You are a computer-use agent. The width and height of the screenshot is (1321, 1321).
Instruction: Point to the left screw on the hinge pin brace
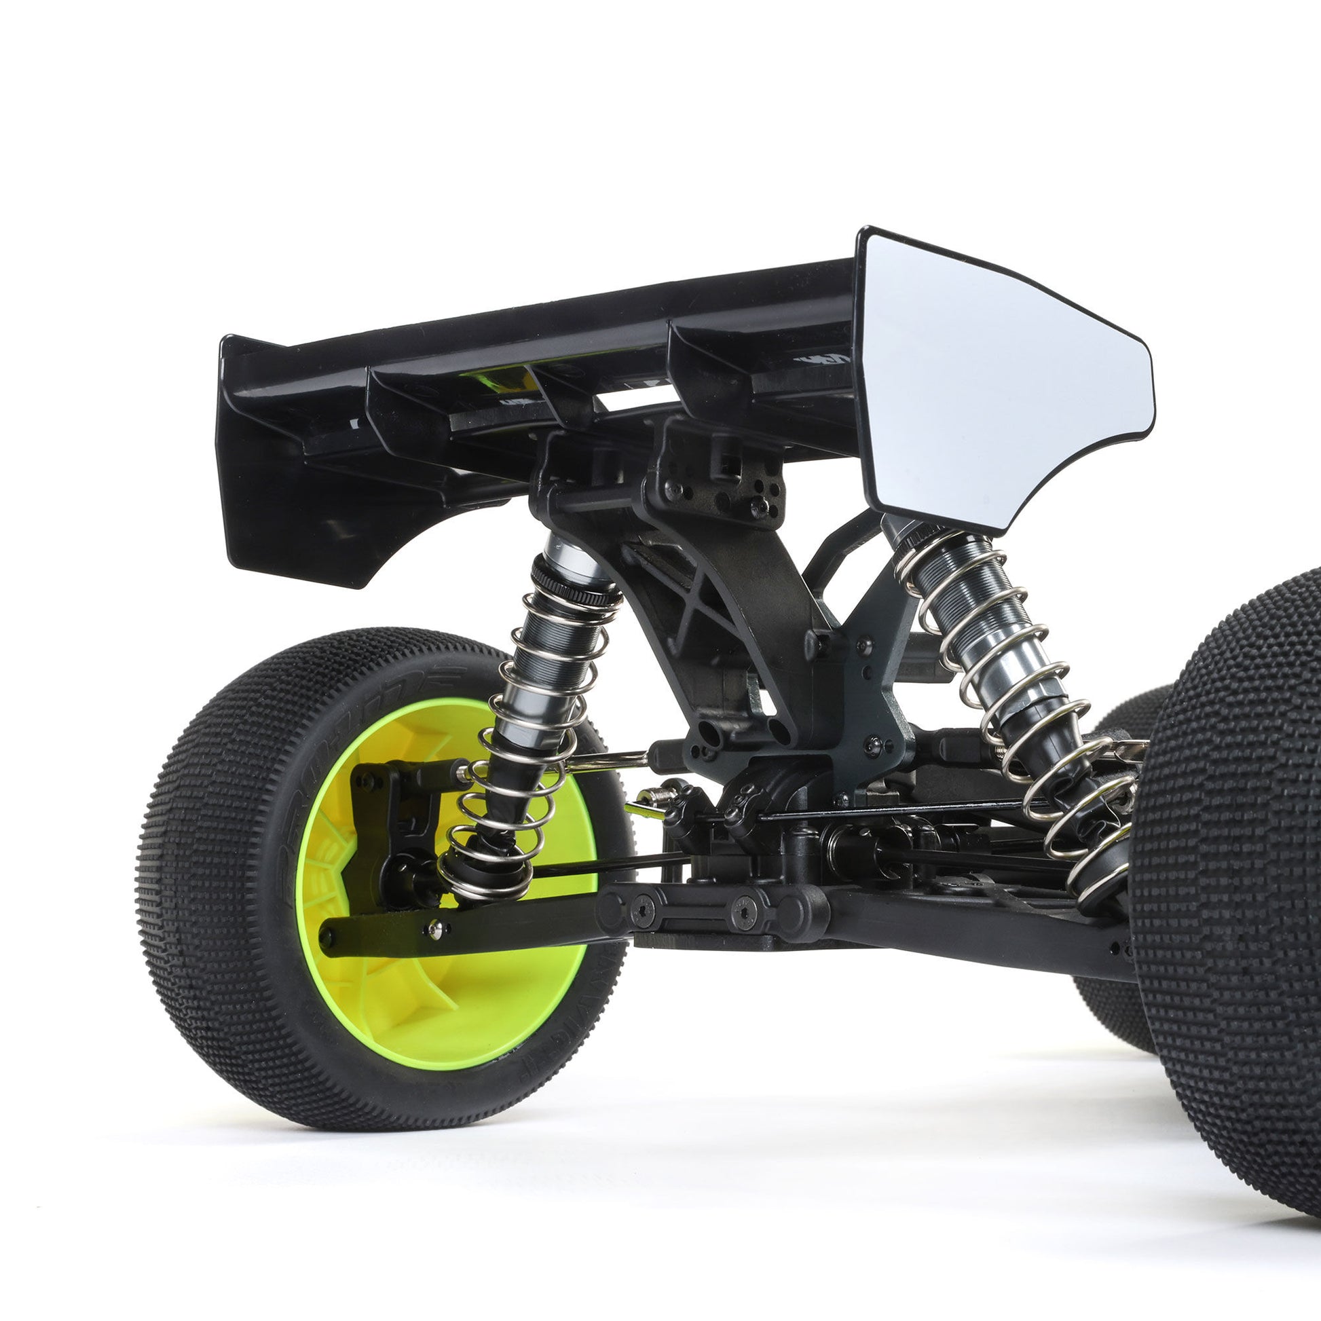[645, 908]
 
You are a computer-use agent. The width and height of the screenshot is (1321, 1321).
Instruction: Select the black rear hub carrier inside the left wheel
[383, 821]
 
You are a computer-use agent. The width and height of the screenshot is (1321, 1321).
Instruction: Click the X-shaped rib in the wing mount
[690, 595]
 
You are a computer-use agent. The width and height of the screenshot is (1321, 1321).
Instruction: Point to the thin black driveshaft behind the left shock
[616, 863]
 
